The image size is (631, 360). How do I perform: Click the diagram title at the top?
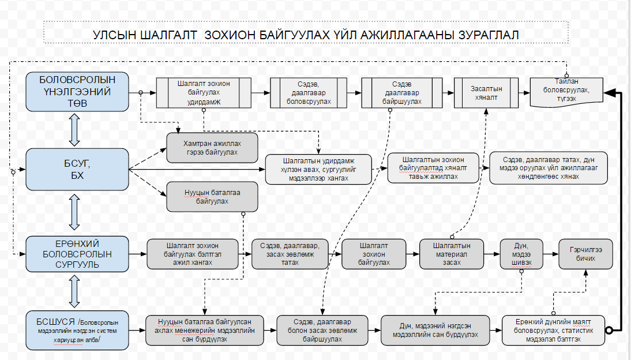pos(306,35)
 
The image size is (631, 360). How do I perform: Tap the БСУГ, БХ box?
pos(77,168)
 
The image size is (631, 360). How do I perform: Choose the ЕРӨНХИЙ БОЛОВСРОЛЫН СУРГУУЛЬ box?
pos(77,254)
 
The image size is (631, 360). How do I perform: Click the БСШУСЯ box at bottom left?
pos(77,330)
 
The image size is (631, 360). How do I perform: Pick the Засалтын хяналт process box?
pos(486,92)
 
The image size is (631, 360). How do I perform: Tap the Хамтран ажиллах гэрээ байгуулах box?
pos(211,148)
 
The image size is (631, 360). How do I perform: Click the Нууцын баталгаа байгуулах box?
pos(212,197)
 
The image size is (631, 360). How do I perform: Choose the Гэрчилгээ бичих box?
pos(585,254)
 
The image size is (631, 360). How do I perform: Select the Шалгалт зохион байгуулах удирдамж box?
pos(204,92)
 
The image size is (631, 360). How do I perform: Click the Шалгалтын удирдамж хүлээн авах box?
pos(318,168)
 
